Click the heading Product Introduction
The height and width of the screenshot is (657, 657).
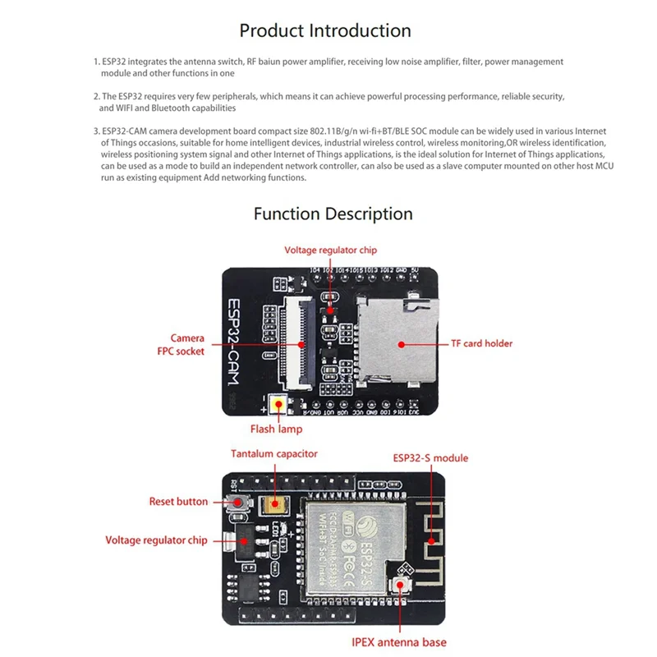click(325, 31)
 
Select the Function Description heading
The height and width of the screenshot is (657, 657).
click(333, 214)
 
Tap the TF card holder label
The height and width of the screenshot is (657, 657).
click(481, 343)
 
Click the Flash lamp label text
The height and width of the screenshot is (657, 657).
click(276, 429)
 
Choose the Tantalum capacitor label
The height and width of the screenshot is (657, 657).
click(273, 453)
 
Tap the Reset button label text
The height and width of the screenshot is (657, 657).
click(178, 501)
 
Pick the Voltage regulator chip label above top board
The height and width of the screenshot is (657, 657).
click(330, 250)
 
